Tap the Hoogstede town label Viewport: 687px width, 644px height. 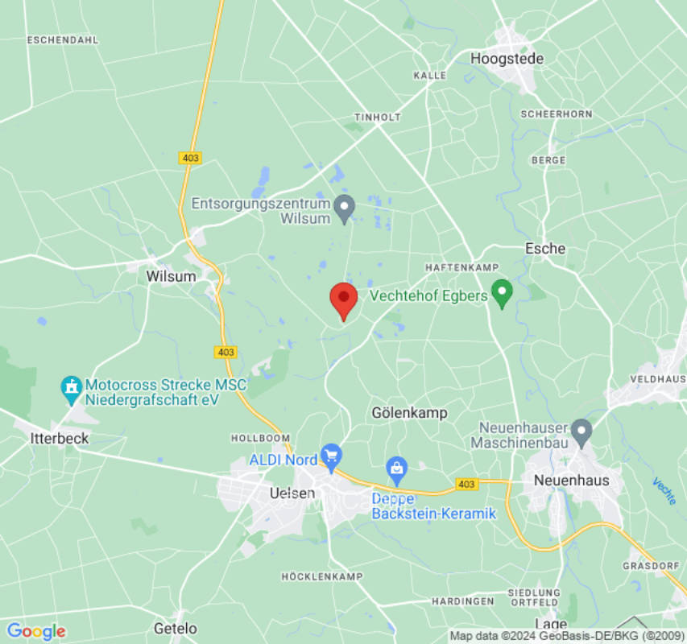coord(507,59)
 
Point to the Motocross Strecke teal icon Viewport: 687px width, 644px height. coord(72,390)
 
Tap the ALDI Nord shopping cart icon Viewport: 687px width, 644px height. coord(331,456)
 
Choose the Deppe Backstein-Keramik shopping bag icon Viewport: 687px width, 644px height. coord(396,467)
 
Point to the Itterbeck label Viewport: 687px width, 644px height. coord(59,439)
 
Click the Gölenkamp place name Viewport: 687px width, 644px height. coord(409,413)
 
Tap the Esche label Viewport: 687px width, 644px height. coord(545,249)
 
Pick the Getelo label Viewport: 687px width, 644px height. coord(175,628)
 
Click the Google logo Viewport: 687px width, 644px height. coord(35,631)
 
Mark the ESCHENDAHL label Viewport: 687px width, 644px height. coord(62,39)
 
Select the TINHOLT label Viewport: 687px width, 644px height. coord(378,117)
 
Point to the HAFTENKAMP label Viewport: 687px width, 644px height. coord(462,267)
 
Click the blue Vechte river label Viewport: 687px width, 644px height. coord(664,491)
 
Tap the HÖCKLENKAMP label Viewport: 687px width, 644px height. coord(322,577)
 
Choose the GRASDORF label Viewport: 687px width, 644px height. coord(650,566)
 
